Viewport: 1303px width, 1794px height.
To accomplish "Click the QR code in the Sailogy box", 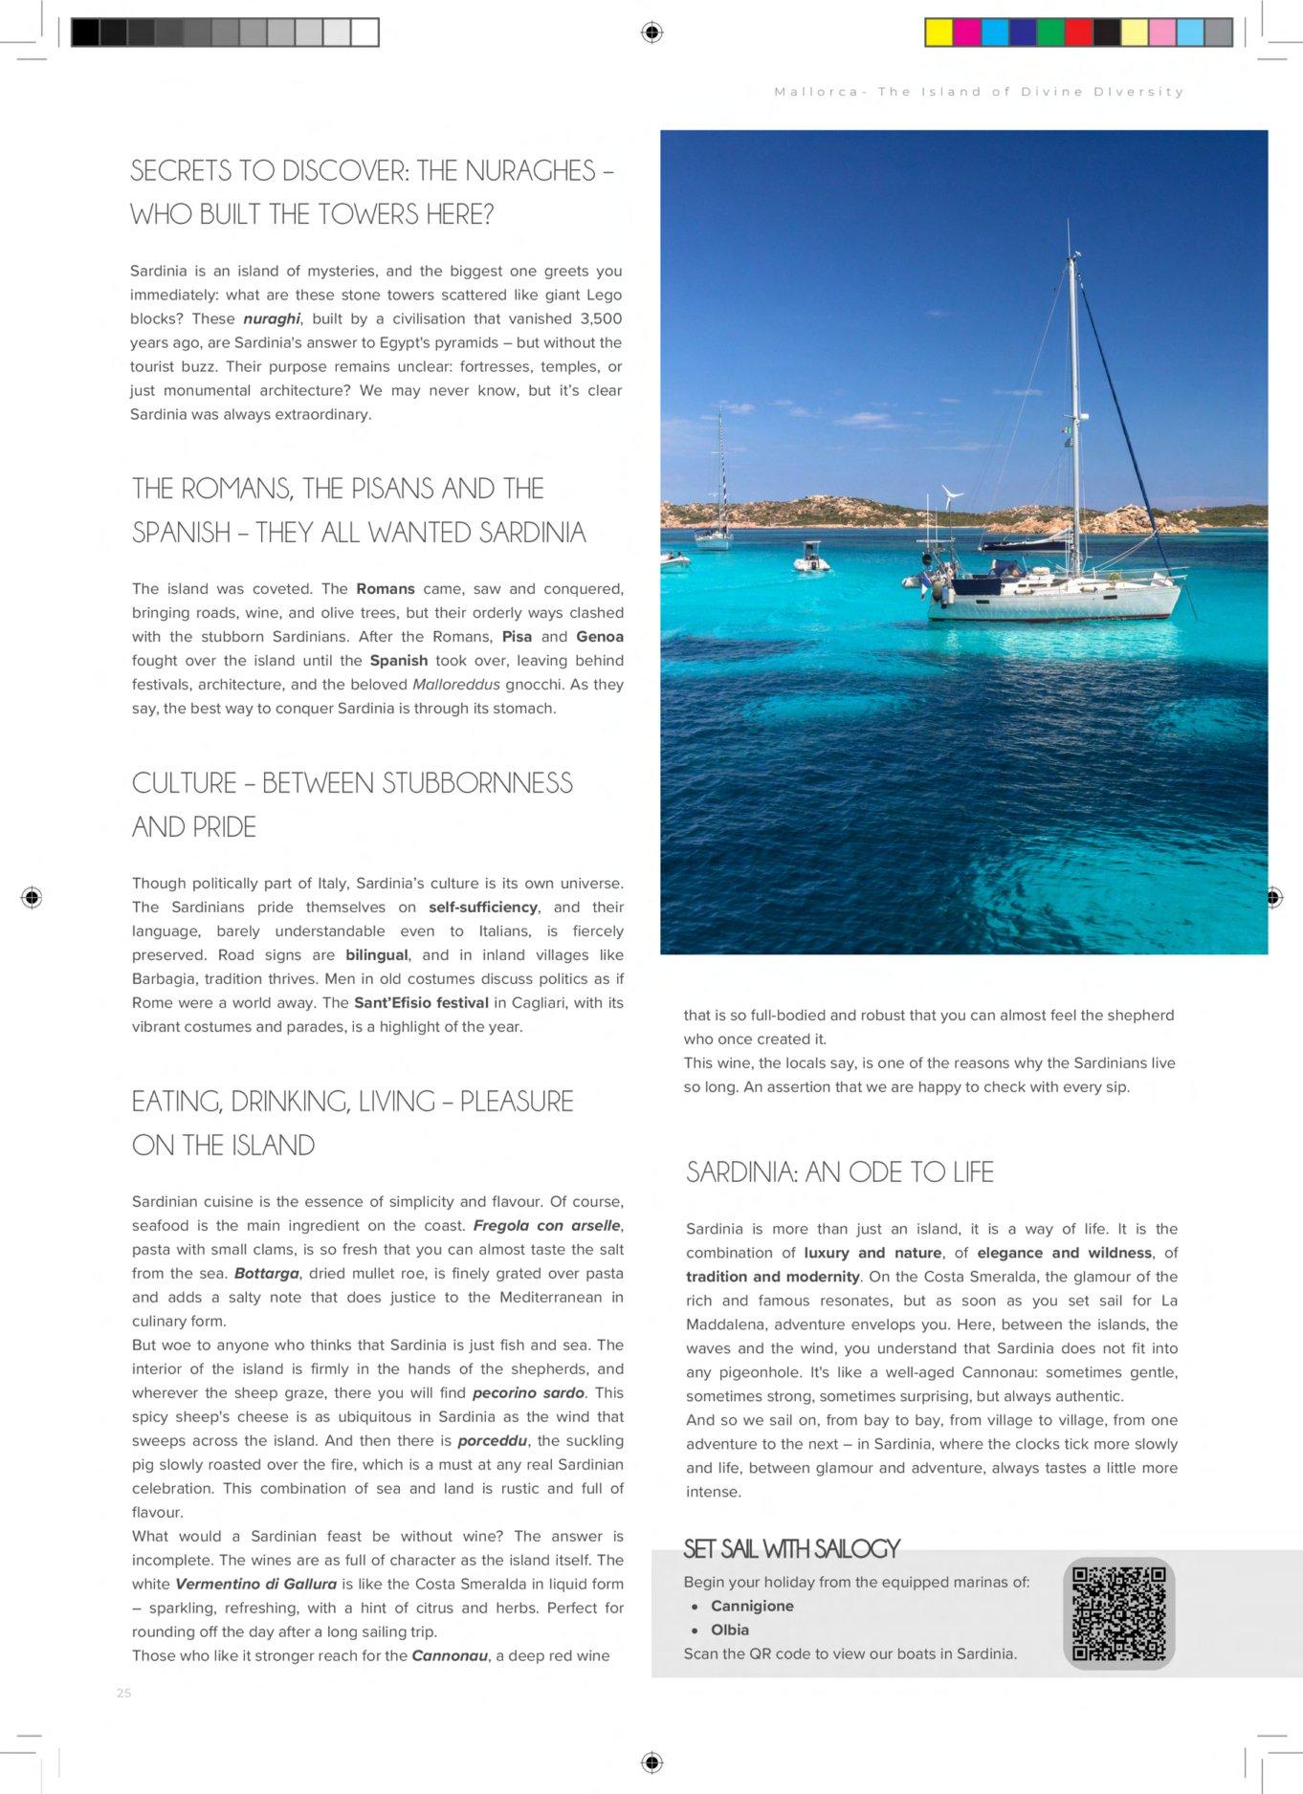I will (1118, 1613).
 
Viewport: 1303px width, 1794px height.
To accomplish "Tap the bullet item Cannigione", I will (752, 1606).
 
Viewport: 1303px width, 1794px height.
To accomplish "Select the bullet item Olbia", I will (729, 1630).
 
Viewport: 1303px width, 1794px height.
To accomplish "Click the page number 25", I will (123, 1693).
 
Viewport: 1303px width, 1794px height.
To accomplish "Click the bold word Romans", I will (386, 589).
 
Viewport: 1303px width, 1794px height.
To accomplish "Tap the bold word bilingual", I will (377, 954).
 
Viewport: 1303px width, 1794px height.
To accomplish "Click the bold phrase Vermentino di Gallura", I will (255, 1584).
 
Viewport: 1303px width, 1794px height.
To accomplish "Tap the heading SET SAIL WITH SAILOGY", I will (791, 1548).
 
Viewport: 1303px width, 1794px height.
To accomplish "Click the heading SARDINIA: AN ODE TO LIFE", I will (840, 1172).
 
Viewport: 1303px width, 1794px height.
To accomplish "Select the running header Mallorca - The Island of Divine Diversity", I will (979, 92).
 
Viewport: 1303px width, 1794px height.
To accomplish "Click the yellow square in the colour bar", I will (939, 33).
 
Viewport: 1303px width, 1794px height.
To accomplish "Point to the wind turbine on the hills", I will (950, 498).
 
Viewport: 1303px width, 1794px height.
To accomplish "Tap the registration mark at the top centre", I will (651, 33).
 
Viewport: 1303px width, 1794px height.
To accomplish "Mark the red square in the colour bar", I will (1078, 33).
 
